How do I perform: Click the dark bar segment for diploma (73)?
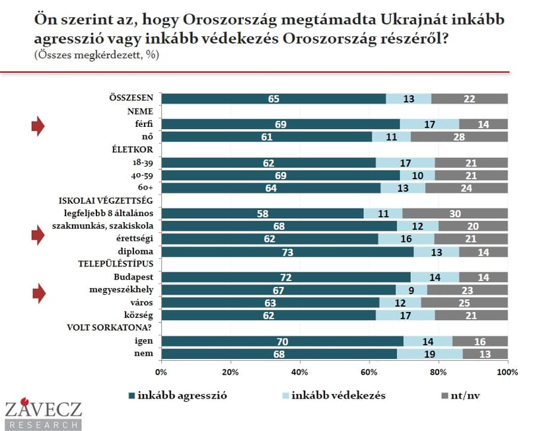pos(287,252)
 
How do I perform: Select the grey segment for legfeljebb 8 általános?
pos(455,214)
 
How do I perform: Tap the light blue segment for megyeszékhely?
pos(411,290)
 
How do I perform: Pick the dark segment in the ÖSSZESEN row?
pos(273,98)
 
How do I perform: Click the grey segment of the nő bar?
pos(459,137)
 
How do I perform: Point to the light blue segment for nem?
pos(430,354)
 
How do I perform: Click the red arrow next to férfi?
pos(38,126)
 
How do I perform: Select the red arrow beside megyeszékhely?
pos(39,294)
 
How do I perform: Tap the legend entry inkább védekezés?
pos(334,395)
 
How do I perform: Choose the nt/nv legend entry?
pos(460,396)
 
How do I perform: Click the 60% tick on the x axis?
pos(369,372)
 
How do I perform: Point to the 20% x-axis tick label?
pos(231,372)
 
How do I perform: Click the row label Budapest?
pos(133,277)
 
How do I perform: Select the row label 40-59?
pos(142,176)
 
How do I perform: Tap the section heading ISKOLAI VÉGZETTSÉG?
pos(106,200)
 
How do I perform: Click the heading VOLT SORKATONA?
pos(110,328)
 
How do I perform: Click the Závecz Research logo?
pos(44,414)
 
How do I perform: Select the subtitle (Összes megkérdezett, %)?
pos(96,55)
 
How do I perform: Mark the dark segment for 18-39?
pos(269,163)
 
